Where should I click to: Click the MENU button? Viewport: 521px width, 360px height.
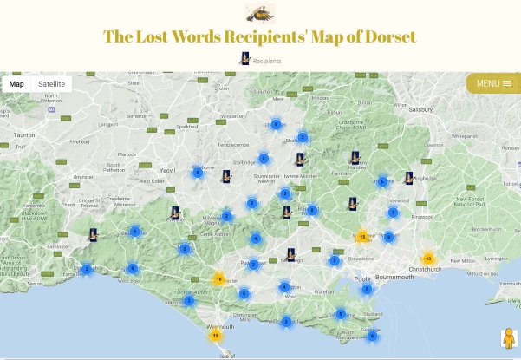tap(493, 83)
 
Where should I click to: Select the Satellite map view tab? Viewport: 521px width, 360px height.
tap(51, 84)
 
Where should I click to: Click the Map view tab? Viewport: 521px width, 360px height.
tap(16, 84)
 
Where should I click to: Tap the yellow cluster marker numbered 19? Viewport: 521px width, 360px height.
tap(215, 334)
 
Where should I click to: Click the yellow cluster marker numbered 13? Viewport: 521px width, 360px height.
tap(428, 259)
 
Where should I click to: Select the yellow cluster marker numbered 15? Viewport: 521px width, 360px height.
tap(362, 236)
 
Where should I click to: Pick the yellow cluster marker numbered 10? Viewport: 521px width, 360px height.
tap(219, 279)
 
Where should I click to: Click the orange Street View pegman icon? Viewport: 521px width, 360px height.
tap(507, 338)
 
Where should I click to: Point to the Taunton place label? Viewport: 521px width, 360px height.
tap(23, 135)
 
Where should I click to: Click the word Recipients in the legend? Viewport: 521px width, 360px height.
tap(266, 62)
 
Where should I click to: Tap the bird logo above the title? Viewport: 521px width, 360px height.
tap(260, 13)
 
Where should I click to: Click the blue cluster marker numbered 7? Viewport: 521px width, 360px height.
tap(335, 260)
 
